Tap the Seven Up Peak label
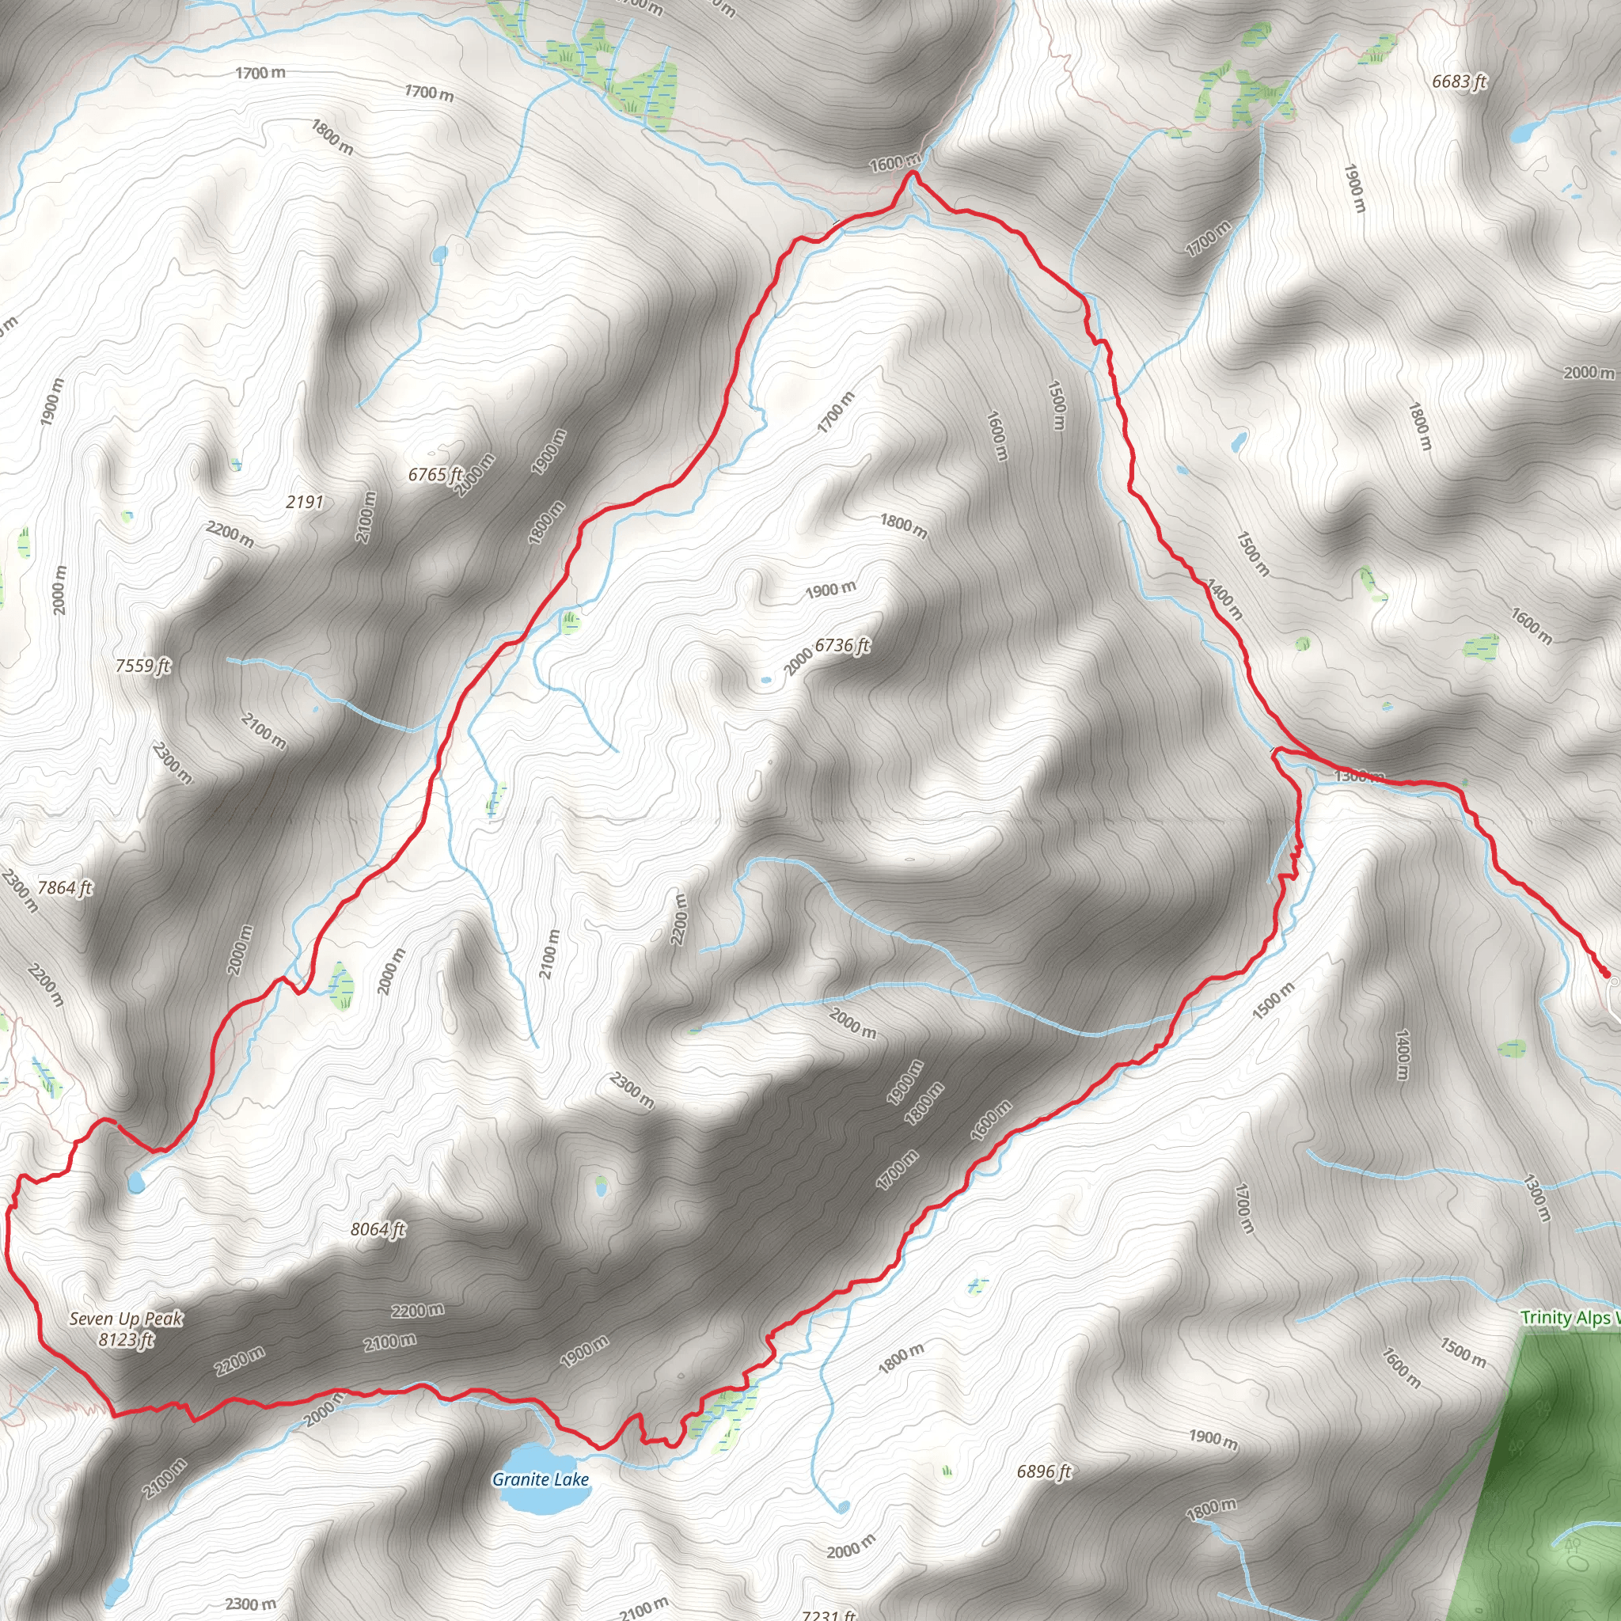tap(126, 1319)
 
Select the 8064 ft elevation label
tap(378, 1229)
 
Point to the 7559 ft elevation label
tap(142, 666)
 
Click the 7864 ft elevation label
tap(65, 886)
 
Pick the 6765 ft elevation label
tap(435, 474)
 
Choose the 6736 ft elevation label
tap(842, 644)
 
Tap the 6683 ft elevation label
tap(1459, 82)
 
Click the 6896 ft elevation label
tap(1044, 1471)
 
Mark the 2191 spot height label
tap(305, 502)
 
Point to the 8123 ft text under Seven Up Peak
tap(126, 1339)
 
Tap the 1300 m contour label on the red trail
tap(1358, 776)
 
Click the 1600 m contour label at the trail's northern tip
tap(894, 163)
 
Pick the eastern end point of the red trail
tap(1606, 974)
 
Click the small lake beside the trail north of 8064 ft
tap(135, 1182)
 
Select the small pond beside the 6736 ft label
tap(765, 680)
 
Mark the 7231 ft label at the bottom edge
tap(828, 1615)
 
